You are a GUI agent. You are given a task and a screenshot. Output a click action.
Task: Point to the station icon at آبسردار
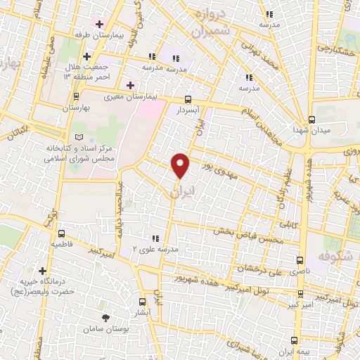[188, 100]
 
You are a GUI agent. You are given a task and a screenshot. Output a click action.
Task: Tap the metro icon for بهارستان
[75, 97]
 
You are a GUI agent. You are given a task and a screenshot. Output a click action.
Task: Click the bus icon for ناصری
[300, 259]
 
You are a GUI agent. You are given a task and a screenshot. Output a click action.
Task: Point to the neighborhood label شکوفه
[335, 256]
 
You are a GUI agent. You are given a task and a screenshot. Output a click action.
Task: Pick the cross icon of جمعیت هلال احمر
[86, 56]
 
